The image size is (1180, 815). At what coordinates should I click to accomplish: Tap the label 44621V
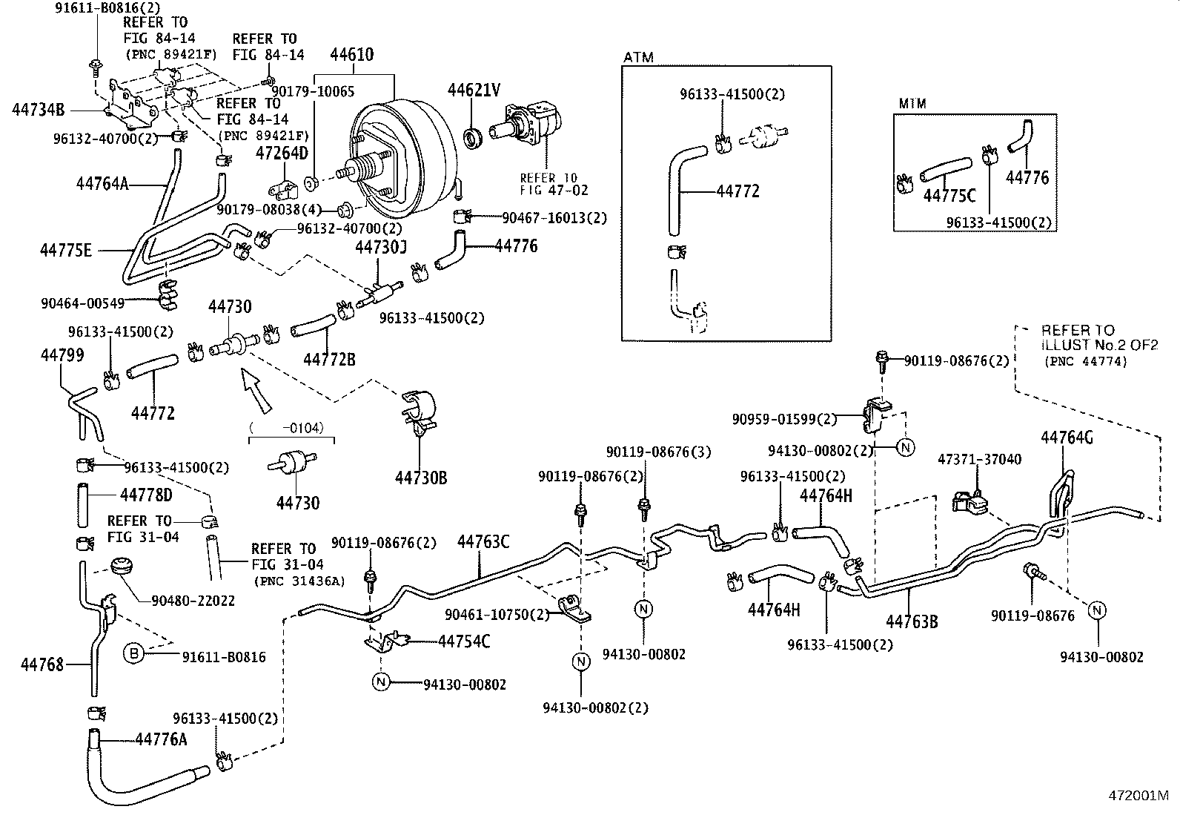pos(474,90)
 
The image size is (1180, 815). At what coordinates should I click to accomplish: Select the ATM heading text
pos(639,57)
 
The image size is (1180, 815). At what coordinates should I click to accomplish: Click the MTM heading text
pos(912,105)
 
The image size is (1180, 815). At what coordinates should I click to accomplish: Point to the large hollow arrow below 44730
pos(256,391)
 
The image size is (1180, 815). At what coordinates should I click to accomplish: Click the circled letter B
pos(133,653)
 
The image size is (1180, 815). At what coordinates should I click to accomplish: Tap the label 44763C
pos(483,542)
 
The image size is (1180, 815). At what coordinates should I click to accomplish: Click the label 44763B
pos(912,621)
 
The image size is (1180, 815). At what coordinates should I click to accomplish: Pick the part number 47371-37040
pos(979,460)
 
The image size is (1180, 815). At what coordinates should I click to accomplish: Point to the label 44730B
pos(421,478)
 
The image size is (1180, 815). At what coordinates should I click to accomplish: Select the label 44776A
pos(162,739)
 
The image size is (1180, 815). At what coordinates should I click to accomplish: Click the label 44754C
pos(464,641)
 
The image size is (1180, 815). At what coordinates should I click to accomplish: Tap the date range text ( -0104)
pos(291,427)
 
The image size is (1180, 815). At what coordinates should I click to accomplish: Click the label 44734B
pos(39,110)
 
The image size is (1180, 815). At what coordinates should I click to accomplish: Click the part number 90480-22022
pos(193,601)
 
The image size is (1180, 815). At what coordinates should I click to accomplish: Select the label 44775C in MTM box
pos(949,196)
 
